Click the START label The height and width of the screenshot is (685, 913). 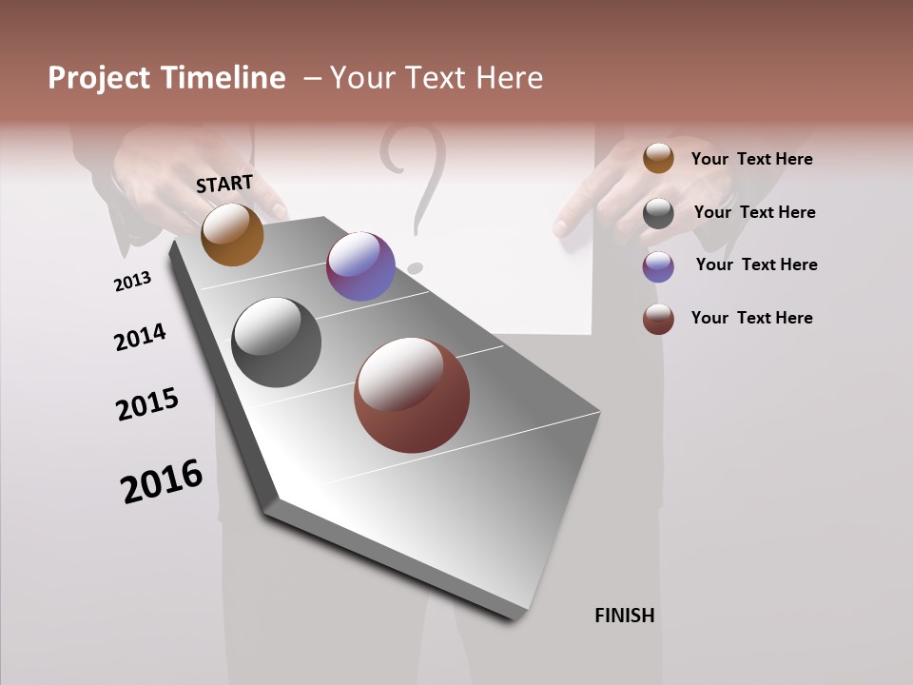coord(224,184)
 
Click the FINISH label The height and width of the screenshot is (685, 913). coord(625,616)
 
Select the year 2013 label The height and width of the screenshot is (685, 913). coord(132,282)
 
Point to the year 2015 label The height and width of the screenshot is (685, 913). coord(147,404)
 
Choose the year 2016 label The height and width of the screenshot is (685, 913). coord(162,480)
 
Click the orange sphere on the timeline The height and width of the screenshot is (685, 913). coord(232,234)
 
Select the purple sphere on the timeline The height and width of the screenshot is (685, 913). coord(360,266)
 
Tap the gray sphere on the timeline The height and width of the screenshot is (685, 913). coord(276,342)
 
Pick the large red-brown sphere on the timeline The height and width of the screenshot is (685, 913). coord(412,395)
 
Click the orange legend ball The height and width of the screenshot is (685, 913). coord(658,158)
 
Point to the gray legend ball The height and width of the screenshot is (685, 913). coord(658,213)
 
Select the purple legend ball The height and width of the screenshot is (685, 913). coord(658,266)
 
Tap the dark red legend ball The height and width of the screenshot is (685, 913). coord(658,319)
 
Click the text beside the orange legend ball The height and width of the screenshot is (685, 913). coord(751,159)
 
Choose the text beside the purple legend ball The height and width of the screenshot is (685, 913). coord(756,264)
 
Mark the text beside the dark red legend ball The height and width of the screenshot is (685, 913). coord(751,318)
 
